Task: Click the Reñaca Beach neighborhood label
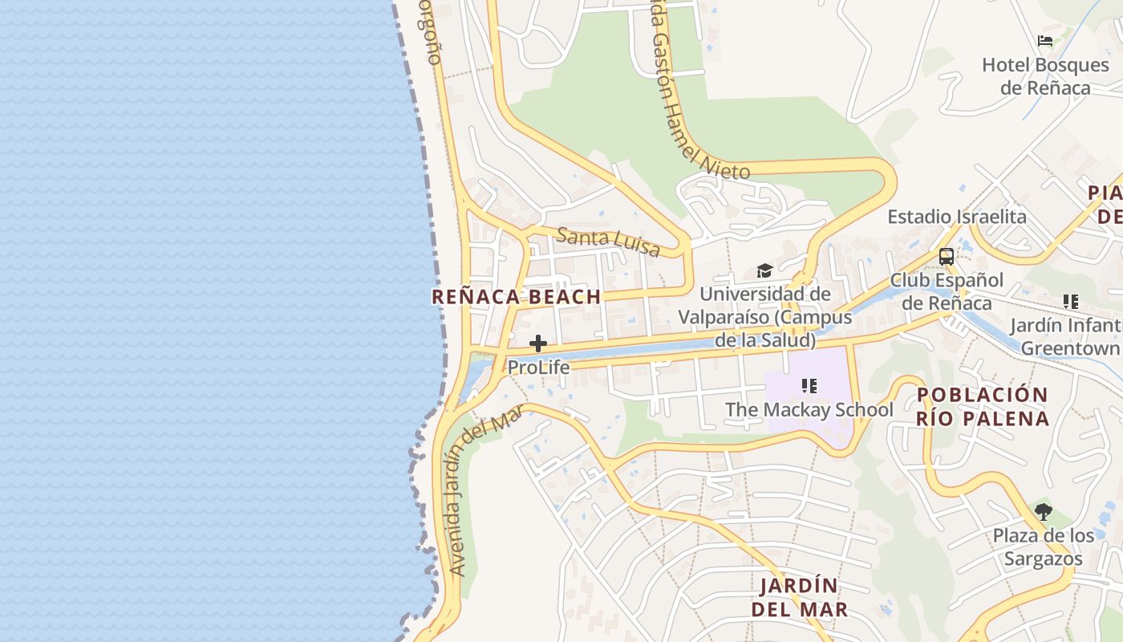(x=517, y=296)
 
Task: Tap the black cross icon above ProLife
(x=538, y=344)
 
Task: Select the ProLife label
(x=538, y=368)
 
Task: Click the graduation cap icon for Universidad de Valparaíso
(x=764, y=271)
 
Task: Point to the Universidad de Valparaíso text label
(x=764, y=317)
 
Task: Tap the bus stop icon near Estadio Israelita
(x=947, y=257)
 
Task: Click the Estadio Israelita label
(x=956, y=217)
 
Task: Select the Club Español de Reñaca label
(x=947, y=291)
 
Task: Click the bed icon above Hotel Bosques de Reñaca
(x=1045, y=41)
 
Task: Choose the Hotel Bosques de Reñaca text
(x=1045, y=75)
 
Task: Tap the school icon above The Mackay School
(x=809, y=387)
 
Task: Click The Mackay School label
(x=809, y=409)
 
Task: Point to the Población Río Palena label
(x=983, y=406)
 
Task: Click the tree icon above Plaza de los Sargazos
(x=1043, y=511)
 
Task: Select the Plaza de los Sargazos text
(x=1043, y=547)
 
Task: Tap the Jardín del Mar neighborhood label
(x=799, y=597)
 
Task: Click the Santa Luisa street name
(x=608, y=241)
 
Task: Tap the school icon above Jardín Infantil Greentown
(x=1070, y=302)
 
